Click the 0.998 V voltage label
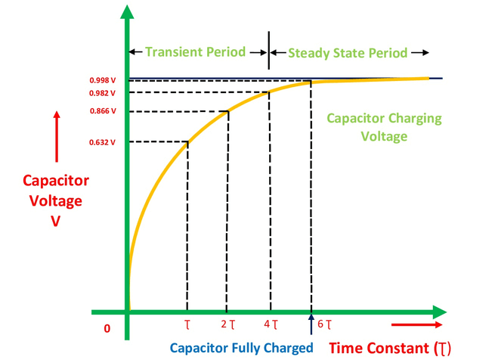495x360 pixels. click(x=103, y=80)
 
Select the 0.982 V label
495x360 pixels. click(x=102, y=93)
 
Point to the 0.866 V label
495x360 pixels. click(x=103, y=111)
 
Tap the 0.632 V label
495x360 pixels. click(x=102, y=142)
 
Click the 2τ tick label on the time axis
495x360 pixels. click(x=228, y=324)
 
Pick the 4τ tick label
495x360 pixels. click(x=271, y=324)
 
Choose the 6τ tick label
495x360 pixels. click(x=324, y=324)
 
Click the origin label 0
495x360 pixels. click(x=107, y=328)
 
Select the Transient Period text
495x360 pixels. click(x=196, y=52)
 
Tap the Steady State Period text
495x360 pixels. click(x=348, y=53)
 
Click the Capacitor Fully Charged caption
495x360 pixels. click(x=242, y=348)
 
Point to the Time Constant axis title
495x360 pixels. click(x=390, y=349)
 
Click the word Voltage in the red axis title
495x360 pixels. click(x=56, y=201)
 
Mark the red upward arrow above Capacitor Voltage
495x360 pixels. click(x=57, y=137)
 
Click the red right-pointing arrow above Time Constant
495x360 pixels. click(x=416, y=324)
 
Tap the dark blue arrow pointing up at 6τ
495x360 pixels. click(x=311, y=324)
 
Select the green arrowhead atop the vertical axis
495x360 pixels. click(x=127, y=12)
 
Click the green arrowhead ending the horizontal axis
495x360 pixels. click(x=439, y=312)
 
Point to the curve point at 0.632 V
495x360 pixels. click(x=188, y=142)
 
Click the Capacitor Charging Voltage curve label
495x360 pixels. click(x=384, y=127)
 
